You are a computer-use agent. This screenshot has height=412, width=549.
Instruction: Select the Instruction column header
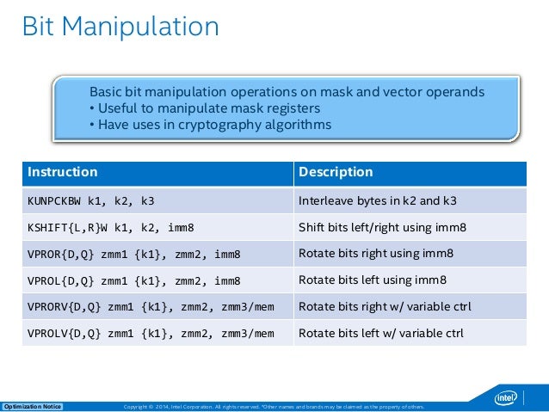63,172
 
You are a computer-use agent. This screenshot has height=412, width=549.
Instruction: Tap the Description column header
335,172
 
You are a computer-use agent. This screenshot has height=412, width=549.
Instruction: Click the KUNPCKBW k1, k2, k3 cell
91,201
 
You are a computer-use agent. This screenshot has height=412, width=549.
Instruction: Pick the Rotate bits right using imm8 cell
375,254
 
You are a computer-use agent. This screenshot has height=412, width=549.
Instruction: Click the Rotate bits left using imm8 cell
372,280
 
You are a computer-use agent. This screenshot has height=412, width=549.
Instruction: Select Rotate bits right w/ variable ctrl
384,307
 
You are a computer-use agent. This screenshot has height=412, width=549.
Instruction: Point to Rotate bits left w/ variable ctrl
380,334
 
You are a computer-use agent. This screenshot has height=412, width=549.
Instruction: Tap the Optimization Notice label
34,406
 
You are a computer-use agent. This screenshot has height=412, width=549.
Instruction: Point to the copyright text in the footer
274,406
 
